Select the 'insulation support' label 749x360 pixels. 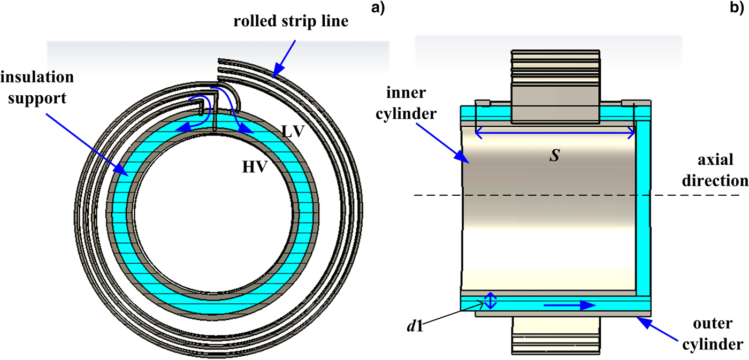pyautogui.click(x=37, y=87)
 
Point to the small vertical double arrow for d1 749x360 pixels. pyautogui.click(x=491, y=301)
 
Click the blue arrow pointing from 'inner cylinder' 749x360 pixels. pyautogui.click(x=449, y=144)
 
